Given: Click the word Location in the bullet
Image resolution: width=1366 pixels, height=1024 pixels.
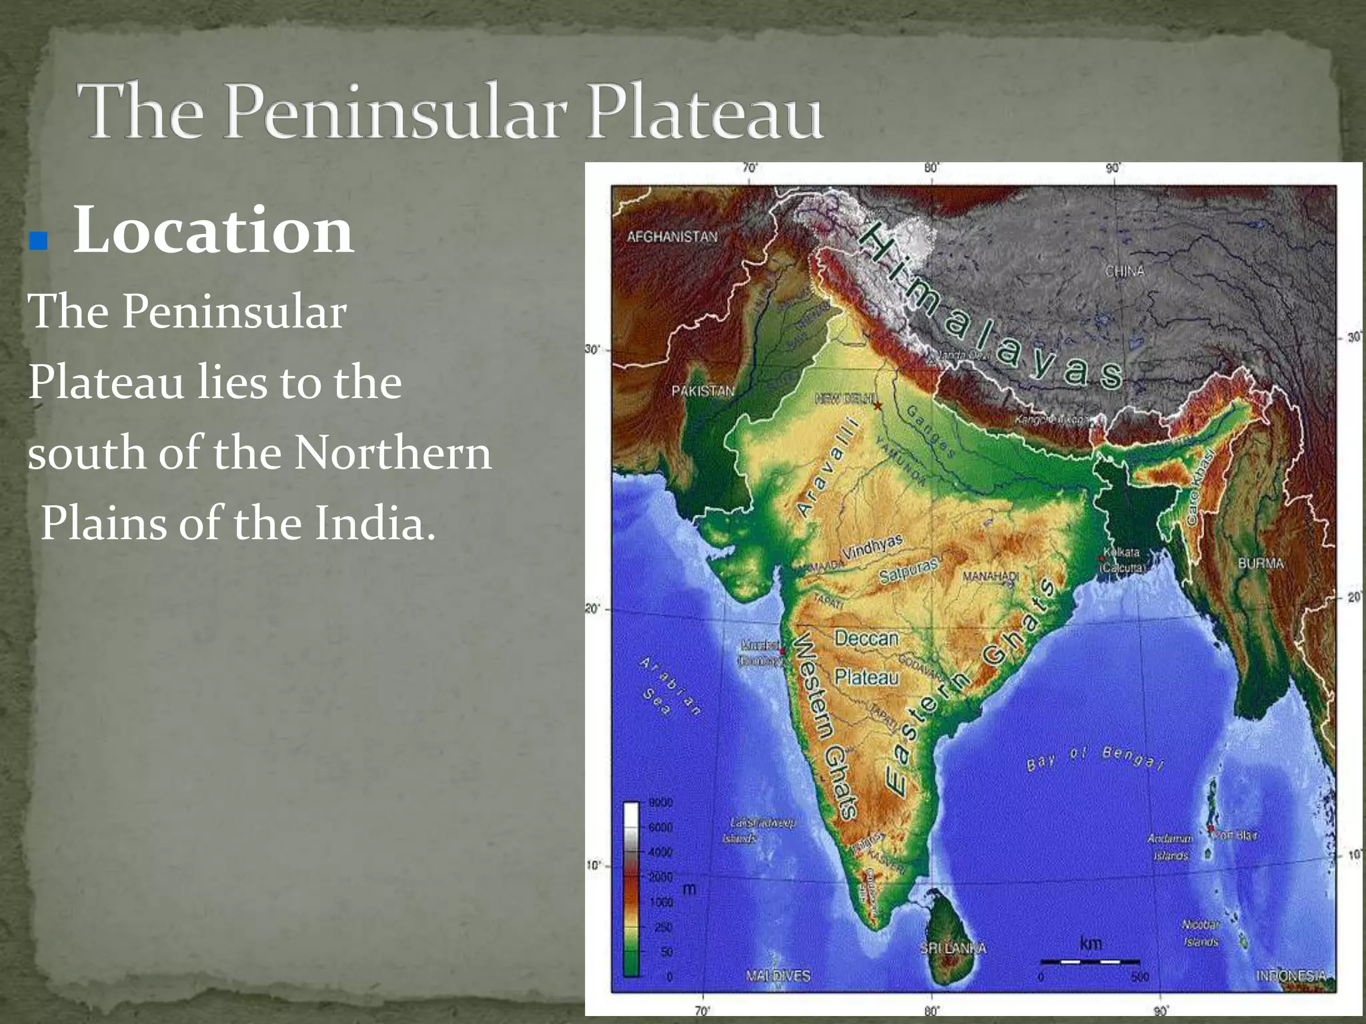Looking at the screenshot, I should (x=213, y=231).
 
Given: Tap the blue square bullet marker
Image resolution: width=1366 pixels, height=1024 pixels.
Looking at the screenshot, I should (x=39, y=241).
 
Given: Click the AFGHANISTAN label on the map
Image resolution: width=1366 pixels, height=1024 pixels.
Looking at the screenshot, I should (x=672, y=237).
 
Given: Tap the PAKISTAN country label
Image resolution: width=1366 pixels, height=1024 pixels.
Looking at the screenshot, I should (x=702, y=391).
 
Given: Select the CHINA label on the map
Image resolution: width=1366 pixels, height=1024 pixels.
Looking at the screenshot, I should (x=1125, y=271).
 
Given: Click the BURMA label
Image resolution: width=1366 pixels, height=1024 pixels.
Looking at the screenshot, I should (x=1261, y=563).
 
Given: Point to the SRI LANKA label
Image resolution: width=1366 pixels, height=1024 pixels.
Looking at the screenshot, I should (x=952, y=948).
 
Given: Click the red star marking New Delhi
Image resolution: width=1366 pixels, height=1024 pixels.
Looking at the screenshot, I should (x=878, y=405).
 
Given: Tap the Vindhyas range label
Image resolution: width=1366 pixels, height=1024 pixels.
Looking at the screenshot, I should (x=872, y=547).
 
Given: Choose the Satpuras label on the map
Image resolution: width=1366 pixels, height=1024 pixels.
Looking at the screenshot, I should (x=908, y=570).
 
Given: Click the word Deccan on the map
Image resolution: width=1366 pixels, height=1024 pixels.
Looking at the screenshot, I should (x=866, y=639).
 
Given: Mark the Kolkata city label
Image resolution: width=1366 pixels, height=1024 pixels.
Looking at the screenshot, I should (x=1122, y=553).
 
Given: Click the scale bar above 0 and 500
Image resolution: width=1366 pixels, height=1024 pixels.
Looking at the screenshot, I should (x=1090, y=961).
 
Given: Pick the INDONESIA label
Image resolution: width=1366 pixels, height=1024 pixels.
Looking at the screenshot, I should (x=1291, y=975).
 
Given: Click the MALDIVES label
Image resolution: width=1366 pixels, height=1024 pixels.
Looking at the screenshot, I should (x=778, y=976).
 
